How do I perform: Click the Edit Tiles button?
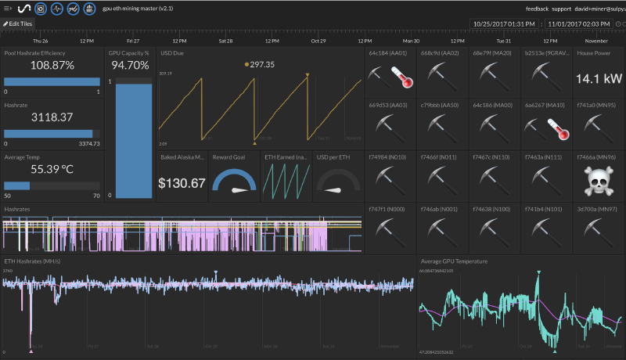18,23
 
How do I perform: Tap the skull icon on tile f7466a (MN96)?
599,182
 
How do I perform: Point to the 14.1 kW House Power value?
599,78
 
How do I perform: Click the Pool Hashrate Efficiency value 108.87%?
52,67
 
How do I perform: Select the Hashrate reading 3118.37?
52,117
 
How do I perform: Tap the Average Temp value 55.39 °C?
52,168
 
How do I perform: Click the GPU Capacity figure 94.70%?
130,66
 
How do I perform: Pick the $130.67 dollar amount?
182,183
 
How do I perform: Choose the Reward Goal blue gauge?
234,184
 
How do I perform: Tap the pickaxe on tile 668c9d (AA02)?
441,74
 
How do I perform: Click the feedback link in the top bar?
536,8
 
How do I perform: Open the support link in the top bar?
561,8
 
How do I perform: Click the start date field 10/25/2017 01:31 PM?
505,24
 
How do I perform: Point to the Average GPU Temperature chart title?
454,261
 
